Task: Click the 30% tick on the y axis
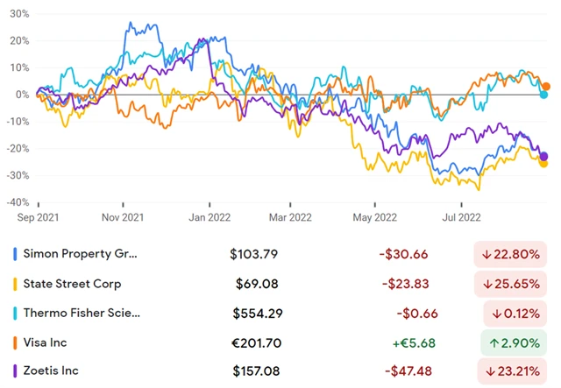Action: (18, 15)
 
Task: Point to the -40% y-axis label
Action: (17, 202)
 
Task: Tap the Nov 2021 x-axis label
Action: (122, 216)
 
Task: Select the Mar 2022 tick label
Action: (289, 216)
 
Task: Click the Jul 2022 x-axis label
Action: (458, 216)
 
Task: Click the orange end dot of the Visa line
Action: (546, 87)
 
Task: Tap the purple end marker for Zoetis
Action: (545, 156)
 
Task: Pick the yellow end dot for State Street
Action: (544, 163)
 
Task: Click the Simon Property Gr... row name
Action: (82, 254)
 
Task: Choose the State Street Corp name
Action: (75, 284)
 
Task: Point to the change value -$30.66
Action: (403, 254)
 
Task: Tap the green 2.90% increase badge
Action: (517, 342)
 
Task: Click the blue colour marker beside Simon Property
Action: (15, 254)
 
